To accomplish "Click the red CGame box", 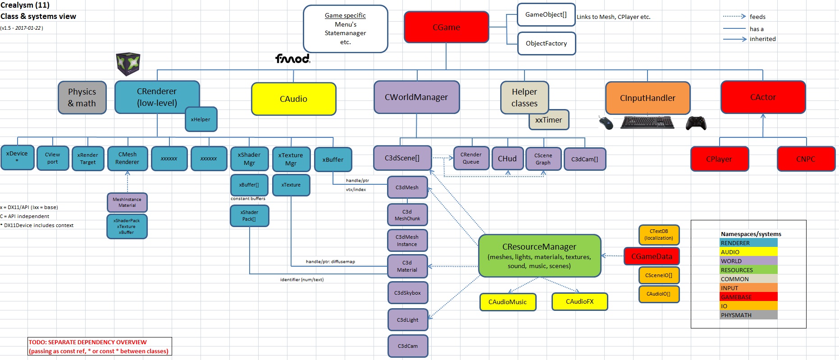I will [446, 27].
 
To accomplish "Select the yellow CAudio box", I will [293, 99].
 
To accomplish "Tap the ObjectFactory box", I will [546, 43].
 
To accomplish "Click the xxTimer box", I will [549, 120].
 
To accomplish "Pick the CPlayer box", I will [719, 159].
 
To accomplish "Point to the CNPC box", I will [806, 159].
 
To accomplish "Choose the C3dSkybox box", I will [407, 293].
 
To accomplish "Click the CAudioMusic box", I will [507, 302].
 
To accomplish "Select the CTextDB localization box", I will [658, 235].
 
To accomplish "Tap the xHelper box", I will [201, 119].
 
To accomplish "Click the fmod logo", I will [293, 59].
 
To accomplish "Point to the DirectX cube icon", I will [128, 64].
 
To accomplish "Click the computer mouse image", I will [606, 122].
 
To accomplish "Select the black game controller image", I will [696, 123].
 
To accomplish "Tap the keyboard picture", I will [647, 122].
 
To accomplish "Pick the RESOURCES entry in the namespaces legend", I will [748, 270].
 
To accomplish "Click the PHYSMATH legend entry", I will [748, 315].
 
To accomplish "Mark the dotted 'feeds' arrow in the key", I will [734, 16].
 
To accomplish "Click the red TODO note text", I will [99, 346].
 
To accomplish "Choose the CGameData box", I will [652, 256].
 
